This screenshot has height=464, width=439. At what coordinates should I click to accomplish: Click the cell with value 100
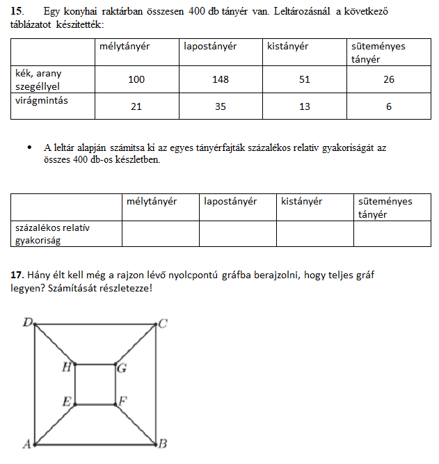click(x=136, y=80)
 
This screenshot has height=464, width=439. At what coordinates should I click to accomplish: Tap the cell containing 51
click(x=304, y=80)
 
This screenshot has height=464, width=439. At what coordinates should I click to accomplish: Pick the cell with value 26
click(x=388, y=80)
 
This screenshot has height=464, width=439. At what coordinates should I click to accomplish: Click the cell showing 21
click(x=136, y=106)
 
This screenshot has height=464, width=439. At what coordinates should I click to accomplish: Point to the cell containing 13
click(x=304, y=106)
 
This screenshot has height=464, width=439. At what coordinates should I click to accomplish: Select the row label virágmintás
click(x=42, y=101)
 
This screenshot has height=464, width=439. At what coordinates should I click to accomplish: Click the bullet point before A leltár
click(x=29, y=147)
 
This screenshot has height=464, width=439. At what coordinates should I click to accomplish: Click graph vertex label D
click(x=28, y=322)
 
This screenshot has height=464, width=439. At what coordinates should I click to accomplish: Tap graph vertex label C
click(x=162, y=323)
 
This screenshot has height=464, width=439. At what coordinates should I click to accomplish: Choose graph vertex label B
click(x=163, y=444)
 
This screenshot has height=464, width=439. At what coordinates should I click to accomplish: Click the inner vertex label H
click(x=67, y=367)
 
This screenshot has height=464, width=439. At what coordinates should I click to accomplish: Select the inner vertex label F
click(x=122, y=401)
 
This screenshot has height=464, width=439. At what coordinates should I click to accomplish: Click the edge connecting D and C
click(x=95, y=323)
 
